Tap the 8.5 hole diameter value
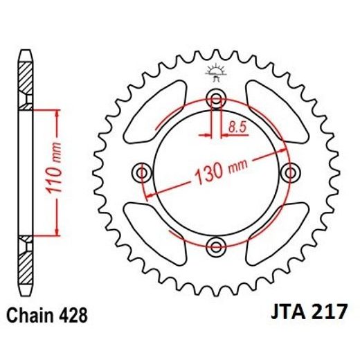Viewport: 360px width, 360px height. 236,127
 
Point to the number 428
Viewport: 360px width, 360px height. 73,316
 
